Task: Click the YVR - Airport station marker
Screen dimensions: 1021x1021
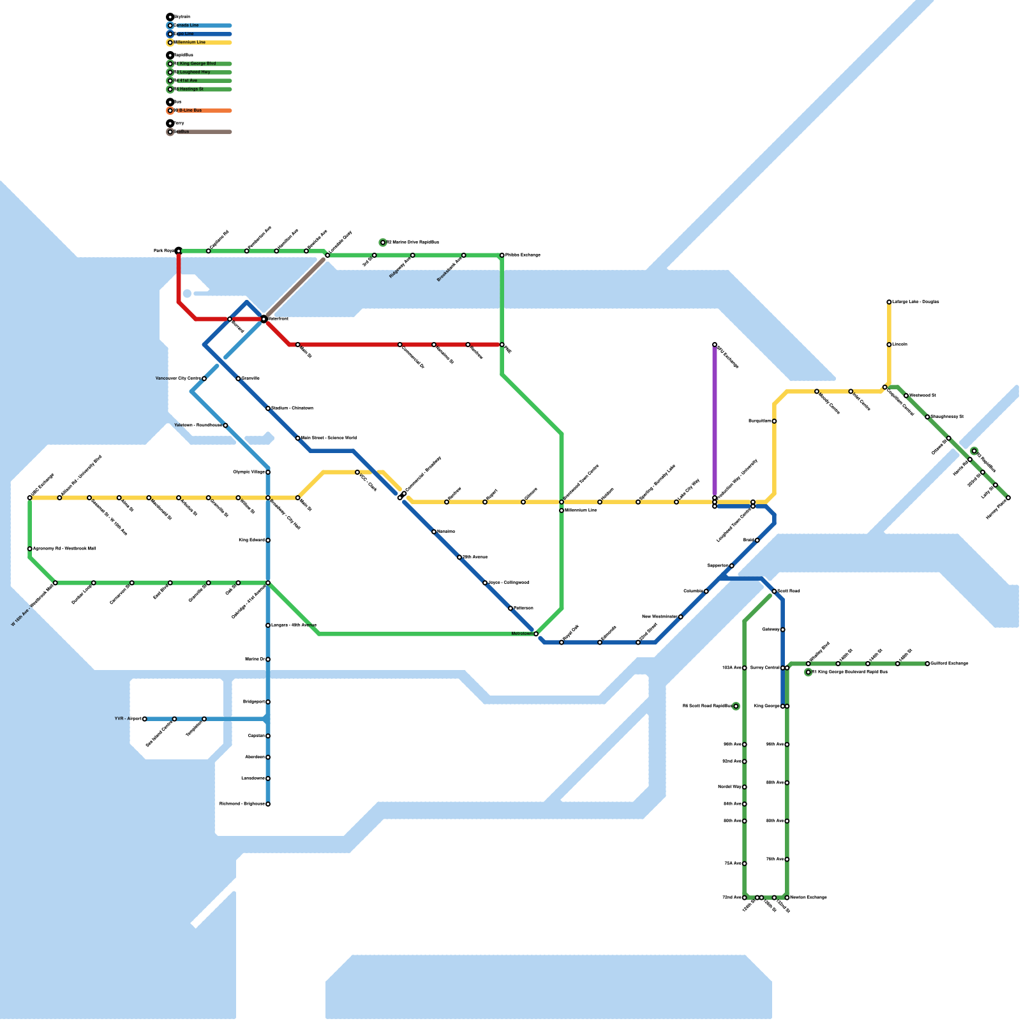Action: pyautogui.click(x=145, y=719)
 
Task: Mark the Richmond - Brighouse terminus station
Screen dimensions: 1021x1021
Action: pyautogui.click(x=268, y=804)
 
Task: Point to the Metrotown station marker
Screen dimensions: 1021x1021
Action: pyautogui.click(x=536, y=634)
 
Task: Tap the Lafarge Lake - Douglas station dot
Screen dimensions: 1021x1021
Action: pyautogui.click(x=889, y=302)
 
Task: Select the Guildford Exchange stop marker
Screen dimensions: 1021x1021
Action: pyautogui.click(x=928, y=664)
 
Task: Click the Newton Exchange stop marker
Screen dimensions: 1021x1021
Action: pyautogui.click(x=787, y=898)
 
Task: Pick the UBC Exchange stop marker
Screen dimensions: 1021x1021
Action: pyautogui.click(x=30, y=498)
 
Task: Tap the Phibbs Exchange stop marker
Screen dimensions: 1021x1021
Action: pyautogui.click(x=502, y=255)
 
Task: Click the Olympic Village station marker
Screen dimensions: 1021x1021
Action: pyautogui.click(x=268, y=472)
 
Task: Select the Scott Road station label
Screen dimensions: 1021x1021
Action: pyautogui.click(x=789, y=592)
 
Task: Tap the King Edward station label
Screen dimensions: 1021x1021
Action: pyautogui.click(x=251, y=540)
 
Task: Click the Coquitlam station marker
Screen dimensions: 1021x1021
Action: pyautogui.click(x=774, y=421)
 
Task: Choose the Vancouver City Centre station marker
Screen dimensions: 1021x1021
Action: pyautogui.click(x=204, y=379)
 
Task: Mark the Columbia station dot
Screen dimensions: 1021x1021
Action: pyautogui.click(x=706, y=592)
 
